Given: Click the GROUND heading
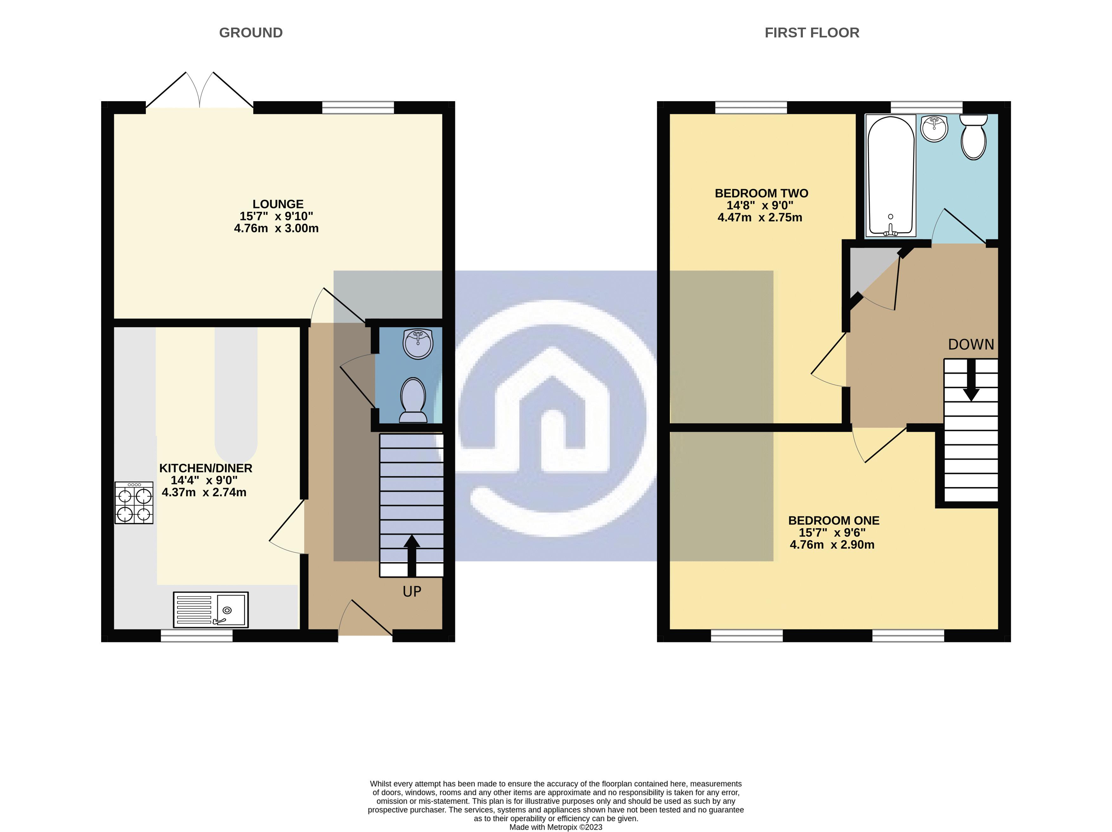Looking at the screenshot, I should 251,33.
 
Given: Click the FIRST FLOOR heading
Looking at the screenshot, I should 811,33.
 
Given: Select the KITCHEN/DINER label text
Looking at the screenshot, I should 205,468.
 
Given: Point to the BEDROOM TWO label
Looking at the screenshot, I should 761,193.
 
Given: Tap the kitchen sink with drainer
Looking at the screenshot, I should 211,609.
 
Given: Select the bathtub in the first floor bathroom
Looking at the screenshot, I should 890,176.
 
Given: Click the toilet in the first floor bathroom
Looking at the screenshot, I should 973,136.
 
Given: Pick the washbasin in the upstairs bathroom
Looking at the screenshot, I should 934,128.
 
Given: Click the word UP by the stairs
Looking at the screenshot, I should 412,592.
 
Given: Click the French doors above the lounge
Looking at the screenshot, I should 199,90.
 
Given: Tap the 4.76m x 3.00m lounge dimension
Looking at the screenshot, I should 276,229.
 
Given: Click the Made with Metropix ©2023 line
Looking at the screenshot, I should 556,827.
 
